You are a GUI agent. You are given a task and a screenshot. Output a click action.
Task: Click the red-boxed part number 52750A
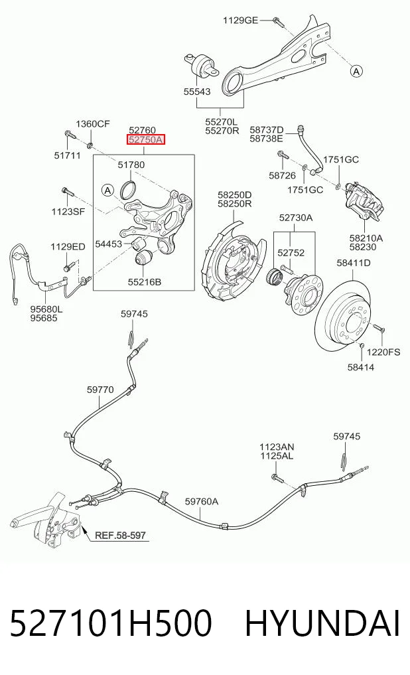pyautogui.click(x=146, y=140)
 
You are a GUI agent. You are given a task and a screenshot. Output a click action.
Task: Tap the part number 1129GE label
pyautogui.click(x=240, y=20)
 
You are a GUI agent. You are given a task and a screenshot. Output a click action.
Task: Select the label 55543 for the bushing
pyautogui.click(x=197, y=92)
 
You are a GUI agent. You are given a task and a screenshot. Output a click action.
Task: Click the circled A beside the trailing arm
pyautogui.click(x=356, y=70)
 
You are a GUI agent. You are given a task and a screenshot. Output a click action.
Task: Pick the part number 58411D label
pyautogui.click(x=353, y=263)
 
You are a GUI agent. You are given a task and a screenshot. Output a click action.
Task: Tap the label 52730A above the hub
pyautogui.click(x=296, y=218)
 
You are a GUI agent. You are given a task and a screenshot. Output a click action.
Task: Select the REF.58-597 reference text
pyautogui.click(x=120, y=535)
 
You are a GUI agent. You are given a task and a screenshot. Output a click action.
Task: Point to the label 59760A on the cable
pyautogui.click(x=201, y=501)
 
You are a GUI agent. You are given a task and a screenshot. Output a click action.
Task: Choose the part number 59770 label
pyautogui.click(x=100, y=390)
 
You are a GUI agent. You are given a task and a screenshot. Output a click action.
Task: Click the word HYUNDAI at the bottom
pyautogui.click(x=322, y=623)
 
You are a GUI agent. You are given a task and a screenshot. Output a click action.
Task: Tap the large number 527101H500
pyautogui.click(x=111, y=623)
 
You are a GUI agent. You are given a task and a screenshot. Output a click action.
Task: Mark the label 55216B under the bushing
pyautogui.click(x=145, y=282)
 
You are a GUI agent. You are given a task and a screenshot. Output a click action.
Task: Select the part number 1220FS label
pyautogui.click(x=383, y=352)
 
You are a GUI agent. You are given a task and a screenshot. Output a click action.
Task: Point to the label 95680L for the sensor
pyautogui.click(x=46, y=309)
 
